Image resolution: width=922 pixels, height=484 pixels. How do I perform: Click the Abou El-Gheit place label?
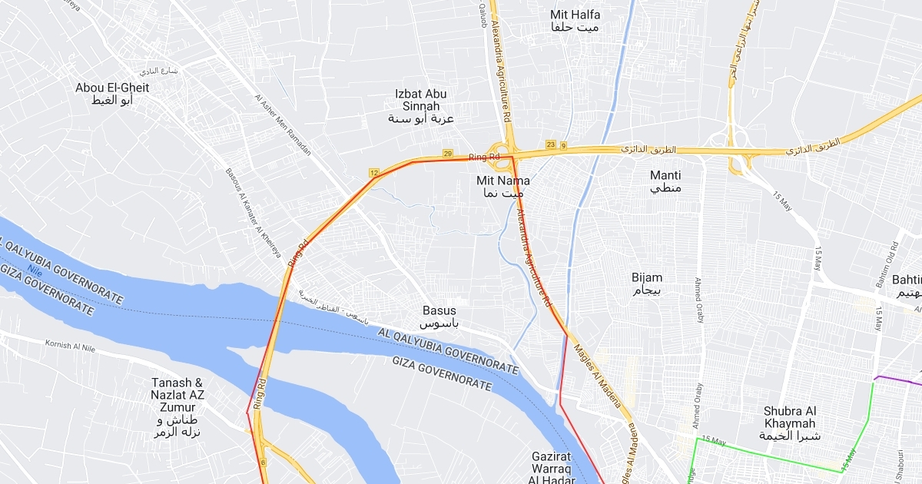(112, 94)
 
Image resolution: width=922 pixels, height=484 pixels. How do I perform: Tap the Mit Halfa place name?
(575, 21)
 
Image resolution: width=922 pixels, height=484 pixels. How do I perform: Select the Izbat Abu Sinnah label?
(420, 106)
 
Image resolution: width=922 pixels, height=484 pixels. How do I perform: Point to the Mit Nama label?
(503, 187)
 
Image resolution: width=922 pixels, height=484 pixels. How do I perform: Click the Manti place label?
(665, 181)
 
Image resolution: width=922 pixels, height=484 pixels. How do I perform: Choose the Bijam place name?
(647, 283)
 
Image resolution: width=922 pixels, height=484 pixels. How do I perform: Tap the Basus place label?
(439, 317)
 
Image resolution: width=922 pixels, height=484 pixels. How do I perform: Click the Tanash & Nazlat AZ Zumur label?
(177, 407)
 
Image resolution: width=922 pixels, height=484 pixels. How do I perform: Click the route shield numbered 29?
(448, 154)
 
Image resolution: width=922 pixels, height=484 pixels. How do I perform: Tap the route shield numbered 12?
(374, 173)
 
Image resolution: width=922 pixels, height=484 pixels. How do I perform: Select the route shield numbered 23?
(550, 144)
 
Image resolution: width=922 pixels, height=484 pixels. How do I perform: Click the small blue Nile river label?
(32, 270)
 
